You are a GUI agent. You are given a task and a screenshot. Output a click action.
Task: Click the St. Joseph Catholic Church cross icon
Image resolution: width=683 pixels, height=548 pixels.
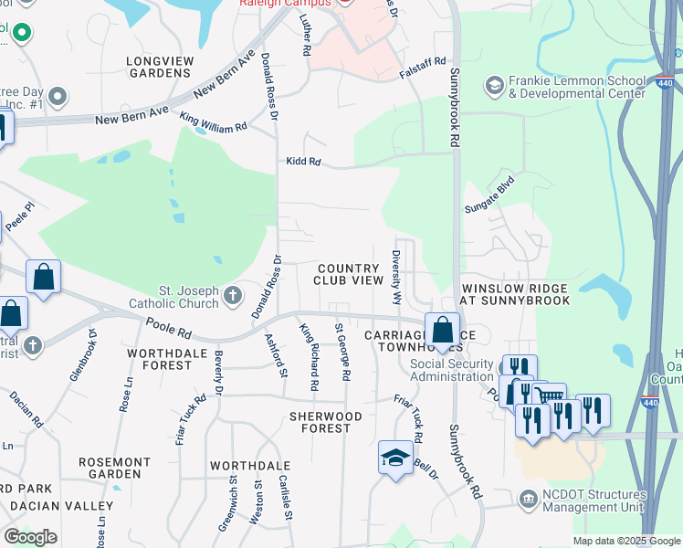coord(233,295)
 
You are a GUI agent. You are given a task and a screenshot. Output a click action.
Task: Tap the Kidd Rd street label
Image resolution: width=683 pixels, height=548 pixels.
coord(303,162)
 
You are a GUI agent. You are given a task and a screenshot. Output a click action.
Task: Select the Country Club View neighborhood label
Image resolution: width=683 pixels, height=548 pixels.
coord(349,274)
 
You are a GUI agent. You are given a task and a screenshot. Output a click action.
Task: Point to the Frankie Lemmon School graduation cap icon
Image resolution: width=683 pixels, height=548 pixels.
coord(494,85)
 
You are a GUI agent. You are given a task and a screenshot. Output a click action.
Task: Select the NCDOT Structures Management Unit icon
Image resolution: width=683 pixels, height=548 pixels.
coord(528,500)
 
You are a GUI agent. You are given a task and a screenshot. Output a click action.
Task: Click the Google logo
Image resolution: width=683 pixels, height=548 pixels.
coord(30,537)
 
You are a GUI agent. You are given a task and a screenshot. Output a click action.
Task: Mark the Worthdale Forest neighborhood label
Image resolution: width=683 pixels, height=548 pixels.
coord(160,359)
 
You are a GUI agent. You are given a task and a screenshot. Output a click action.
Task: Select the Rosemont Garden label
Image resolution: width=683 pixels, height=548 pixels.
coord(114,469)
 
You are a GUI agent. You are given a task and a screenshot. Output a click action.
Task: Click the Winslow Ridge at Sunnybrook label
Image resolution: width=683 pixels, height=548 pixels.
coord(516,293)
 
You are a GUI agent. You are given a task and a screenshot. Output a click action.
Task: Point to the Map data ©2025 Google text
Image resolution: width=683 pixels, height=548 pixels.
coord(625,541)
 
